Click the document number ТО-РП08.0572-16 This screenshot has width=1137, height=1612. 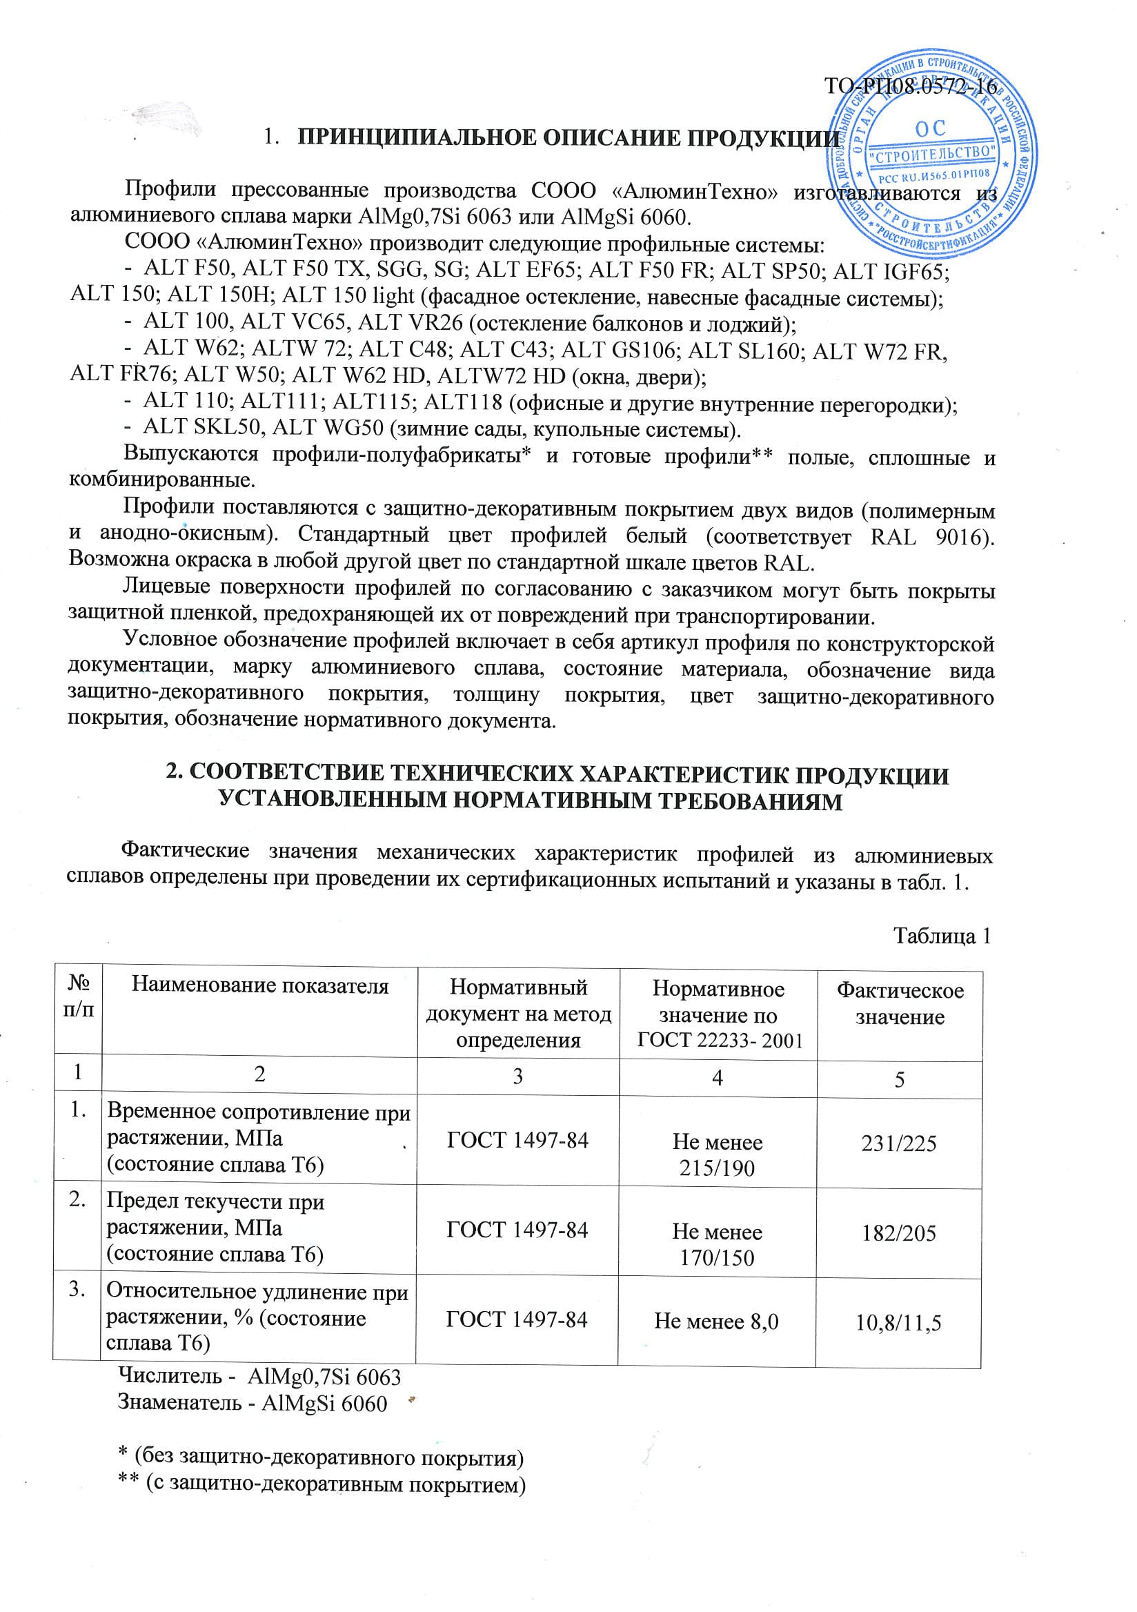coord(910,88)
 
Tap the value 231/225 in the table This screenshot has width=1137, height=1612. coord(898,1143)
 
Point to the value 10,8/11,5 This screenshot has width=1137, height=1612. coord(898,1323)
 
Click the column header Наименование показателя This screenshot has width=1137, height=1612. coord(259,985)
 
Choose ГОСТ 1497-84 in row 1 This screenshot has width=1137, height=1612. coord(517,1140)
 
